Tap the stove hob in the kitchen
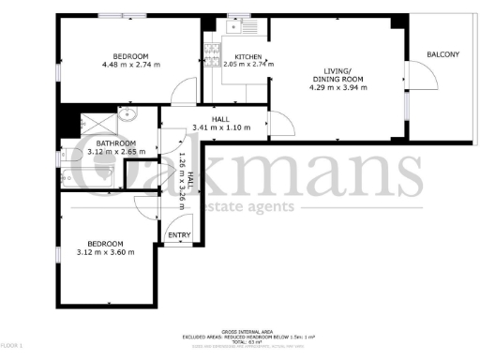(211, 50)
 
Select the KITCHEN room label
(247, 57)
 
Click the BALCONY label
(442, 55)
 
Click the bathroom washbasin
(127, 118)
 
